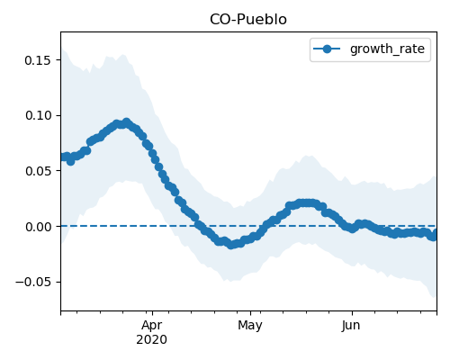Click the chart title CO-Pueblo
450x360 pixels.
point(248,20)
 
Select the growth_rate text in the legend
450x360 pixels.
point(387,49)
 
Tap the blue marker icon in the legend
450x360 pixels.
point(327,49)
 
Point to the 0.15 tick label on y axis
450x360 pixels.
point(38,60)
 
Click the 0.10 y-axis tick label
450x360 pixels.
point(38,115)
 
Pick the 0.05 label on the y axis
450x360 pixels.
point(38,171)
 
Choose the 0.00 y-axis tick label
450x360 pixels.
point(38,227)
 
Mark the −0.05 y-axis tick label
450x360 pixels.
point(33,282)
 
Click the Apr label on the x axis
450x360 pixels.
point(152,326)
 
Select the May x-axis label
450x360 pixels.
point(250,326)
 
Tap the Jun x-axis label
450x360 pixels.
point(351,326)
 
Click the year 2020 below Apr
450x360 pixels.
point(152,340)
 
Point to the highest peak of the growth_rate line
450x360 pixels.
point(127,122)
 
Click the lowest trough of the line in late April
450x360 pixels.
point(230,245)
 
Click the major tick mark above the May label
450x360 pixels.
point(250,313)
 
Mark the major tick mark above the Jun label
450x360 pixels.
point(352,313)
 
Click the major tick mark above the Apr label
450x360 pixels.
point(152,313)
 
